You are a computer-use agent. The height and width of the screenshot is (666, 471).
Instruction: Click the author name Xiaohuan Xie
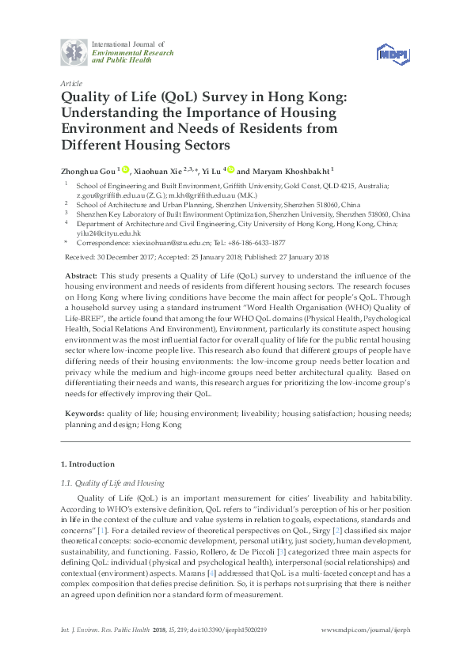coord(158,170)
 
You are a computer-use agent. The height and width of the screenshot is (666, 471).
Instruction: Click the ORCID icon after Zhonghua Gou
coord(125,169)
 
